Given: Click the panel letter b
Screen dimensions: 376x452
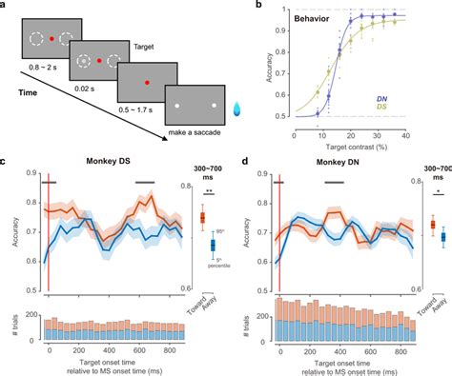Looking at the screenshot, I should pyautogui.click(x=247, y=6).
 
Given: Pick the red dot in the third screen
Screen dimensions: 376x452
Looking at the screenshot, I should pyautogui.click(x=146, y=85).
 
